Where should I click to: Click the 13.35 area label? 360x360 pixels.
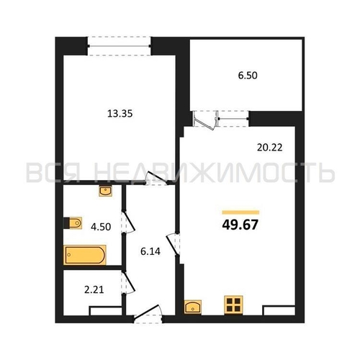click(120, 114)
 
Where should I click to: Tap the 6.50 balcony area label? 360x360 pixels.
click(248, 76)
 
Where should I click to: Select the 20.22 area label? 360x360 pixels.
click(269, 148)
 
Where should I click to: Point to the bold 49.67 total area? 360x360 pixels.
click(240, 225)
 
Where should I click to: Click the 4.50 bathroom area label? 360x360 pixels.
click(101, 227)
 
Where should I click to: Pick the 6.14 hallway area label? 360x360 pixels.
click(150, 251)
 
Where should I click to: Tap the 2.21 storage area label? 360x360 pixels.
click(94, 289)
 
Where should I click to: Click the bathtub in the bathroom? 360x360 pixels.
click(85, 255)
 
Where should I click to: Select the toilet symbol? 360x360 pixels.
click(73, 223)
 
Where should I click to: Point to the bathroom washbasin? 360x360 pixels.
click(106, 191)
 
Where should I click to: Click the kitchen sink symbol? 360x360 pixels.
click(193, 307)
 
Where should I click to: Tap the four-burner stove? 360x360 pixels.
click(233, 305)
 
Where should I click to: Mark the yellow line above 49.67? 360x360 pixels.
click(240, 212)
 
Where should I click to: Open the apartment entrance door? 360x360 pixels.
click(148, 314)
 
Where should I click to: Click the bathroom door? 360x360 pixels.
click(128, 222)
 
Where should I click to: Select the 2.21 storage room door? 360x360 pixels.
click(128, 282)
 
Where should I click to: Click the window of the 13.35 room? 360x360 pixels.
click(119, 46)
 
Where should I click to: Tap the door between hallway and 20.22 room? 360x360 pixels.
click(174, 244)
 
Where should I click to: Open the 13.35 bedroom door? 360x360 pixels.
click(156, 179)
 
